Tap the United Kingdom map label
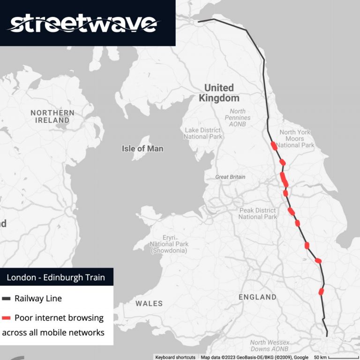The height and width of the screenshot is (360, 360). [x=219, y=93]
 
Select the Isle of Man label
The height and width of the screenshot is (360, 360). [x=142, y=149]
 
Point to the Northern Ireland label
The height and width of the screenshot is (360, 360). [x=52, y=116]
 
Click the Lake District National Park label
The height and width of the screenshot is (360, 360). [x=203, y=133]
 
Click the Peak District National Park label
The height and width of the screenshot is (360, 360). [x=257, y=214]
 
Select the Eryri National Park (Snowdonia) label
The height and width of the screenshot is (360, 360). [x=169, y=244]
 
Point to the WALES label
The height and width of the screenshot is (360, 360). [x=149, y=304]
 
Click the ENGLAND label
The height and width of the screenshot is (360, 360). [x=257, y=297]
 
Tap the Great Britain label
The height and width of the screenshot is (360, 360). [x=229, y=177]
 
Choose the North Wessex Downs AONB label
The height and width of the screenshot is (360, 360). [x=270, y=346]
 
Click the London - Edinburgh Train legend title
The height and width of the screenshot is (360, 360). [x=56, y=277]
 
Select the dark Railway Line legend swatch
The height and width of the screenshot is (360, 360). [x=6, y=299]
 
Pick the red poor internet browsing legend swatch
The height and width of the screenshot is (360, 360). [x=6, y=318]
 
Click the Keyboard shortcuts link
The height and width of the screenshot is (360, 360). [x=175, y=357]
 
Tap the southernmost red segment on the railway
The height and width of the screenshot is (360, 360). [x=321, y=291]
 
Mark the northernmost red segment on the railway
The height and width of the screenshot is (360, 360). [x=274, y=146]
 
